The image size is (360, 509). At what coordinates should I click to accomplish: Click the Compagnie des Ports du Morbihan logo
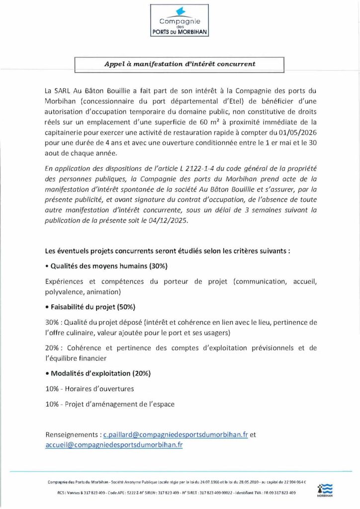coord(180,20)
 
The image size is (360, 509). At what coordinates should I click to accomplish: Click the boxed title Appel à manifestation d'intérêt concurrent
coord(180,64)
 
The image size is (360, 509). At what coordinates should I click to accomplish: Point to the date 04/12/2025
coord(169,220)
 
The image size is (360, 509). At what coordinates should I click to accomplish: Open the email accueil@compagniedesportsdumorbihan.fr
coord(114,445)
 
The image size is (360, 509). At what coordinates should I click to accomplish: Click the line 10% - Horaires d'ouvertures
coord(90,389)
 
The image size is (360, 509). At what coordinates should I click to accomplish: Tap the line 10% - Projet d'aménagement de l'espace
coord(110,404)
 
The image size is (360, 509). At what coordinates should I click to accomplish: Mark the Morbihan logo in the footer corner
coord(324,490)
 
